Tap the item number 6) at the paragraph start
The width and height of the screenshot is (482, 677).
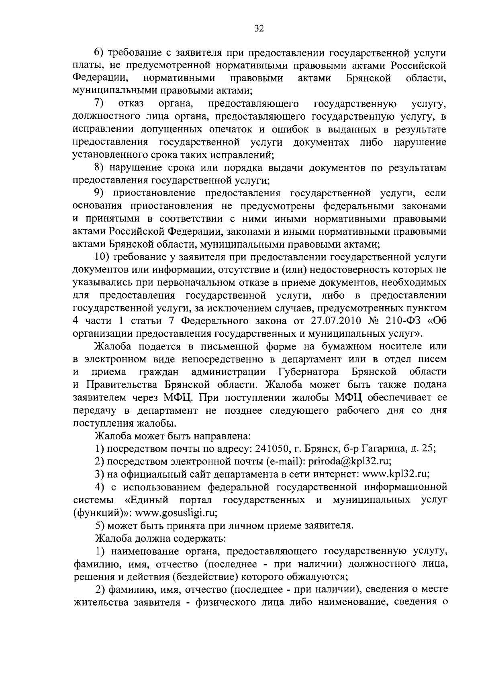pos(99,53)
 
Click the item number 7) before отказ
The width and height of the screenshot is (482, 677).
pos(99,104)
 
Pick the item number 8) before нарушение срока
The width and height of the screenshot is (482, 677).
pos(99,168)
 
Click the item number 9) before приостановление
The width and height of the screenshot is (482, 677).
pos(99,193)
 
